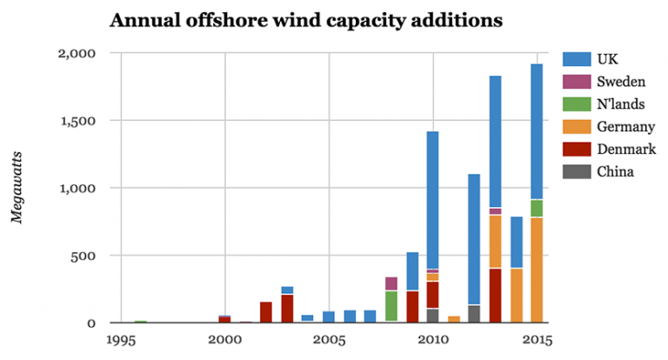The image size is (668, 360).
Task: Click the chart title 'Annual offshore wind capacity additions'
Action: pos(305,20)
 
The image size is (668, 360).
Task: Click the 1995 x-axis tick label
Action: pos(121,340)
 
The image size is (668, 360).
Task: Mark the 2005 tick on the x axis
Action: pos(329,340)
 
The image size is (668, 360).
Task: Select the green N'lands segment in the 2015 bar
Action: pos(537,209)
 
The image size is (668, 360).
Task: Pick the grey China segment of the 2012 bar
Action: pos(474,314)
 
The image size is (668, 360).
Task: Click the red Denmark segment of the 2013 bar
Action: pos(495,296)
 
